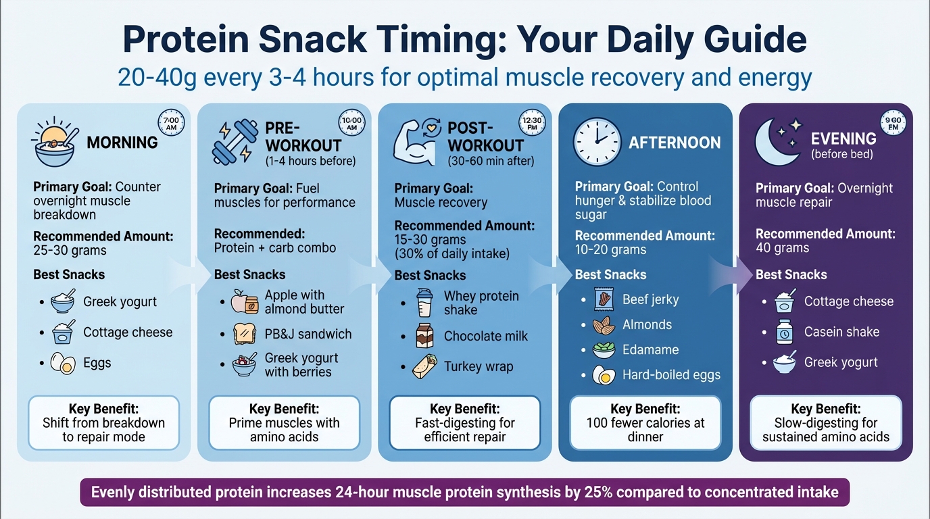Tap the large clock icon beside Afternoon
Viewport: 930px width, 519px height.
(x=596, y=143)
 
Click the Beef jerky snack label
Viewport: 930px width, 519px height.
(x=650, y=299)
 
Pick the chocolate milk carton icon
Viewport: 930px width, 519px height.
(x=424, y=336)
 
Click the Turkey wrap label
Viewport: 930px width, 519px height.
(x=478, y=367)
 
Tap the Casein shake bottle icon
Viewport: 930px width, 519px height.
(x=783, y=332)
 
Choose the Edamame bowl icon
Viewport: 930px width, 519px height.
(x=604, y=350)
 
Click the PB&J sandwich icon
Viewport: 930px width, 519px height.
(x=244, y=334)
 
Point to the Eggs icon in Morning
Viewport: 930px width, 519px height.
(x=63, y=364)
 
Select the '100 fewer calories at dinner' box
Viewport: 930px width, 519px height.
(x=645, y=423)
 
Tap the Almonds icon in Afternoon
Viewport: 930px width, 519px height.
(x=604, y=325)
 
